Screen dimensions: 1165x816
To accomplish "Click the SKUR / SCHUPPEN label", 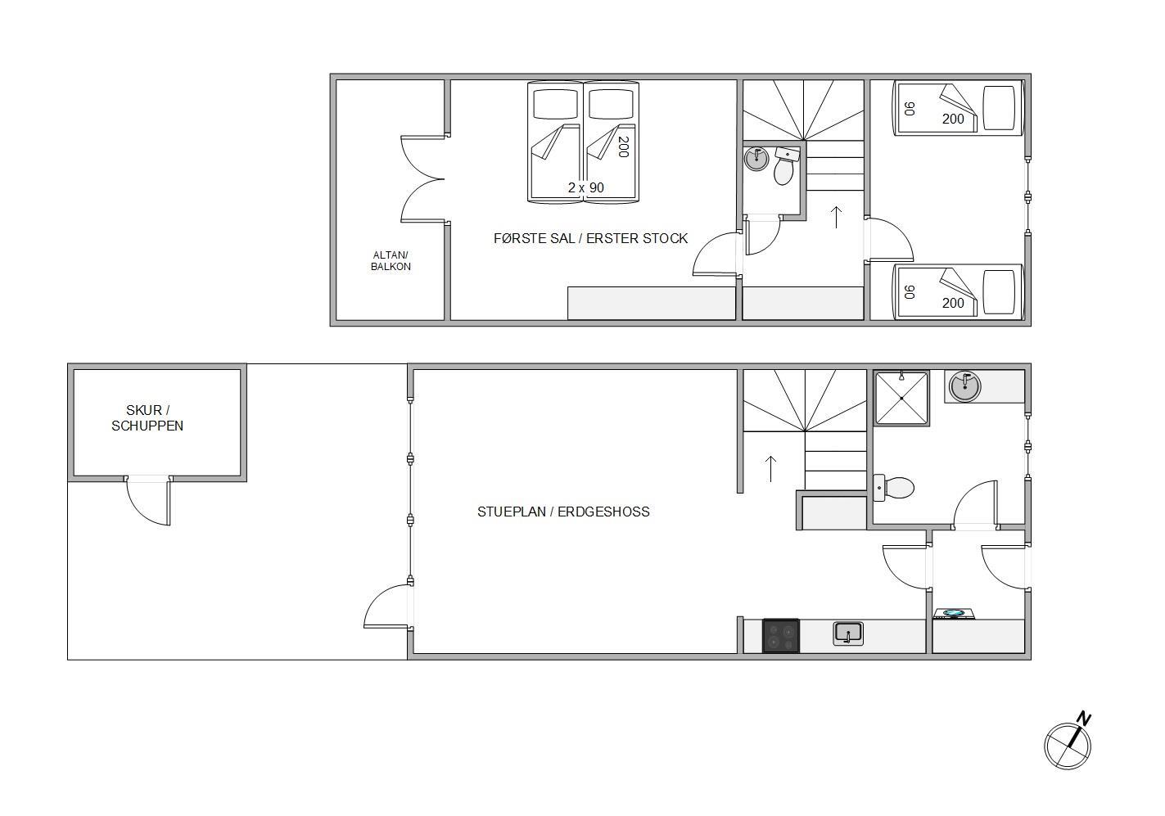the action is [147, 418].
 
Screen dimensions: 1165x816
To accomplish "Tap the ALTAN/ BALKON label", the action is [391, 261].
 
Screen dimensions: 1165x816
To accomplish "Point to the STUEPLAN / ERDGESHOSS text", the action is [563, 512].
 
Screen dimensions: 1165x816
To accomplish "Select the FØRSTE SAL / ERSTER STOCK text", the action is [590, 238].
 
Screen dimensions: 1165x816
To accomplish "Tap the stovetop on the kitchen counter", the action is [781, 636].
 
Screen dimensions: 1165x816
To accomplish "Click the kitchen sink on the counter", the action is [847, 633].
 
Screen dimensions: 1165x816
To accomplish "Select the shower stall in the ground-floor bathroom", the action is [901, 398].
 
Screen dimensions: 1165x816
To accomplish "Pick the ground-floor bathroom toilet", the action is [893, 488].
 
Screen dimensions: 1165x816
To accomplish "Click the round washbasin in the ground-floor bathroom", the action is [964, 386].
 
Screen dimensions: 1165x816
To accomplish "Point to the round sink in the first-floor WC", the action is [756, 159].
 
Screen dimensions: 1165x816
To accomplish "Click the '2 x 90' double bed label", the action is [585, 187].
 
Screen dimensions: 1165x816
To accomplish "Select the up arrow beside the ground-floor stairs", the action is [770, 469].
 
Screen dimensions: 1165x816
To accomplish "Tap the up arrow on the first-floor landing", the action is [836, 217].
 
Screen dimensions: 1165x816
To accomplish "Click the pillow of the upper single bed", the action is [999, 108].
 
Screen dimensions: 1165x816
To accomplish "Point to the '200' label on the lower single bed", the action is [953, 303].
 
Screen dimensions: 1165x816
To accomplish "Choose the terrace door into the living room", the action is [387, 606].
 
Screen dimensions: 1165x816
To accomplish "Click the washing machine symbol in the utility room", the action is [954, 614].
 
